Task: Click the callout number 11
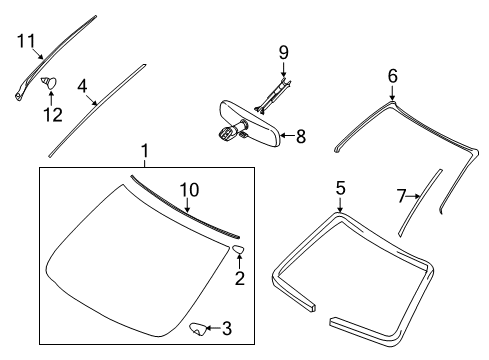click(x=26, y=41)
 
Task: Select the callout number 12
click(x=53, y=115)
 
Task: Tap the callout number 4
click(x=82, y=86)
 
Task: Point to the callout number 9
click(x=284, y=53)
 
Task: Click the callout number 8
click(x=301, y=136)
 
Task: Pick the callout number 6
click(x=393, y=76)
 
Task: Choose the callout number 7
click(x=402, y=196)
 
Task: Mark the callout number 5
click(x=340, y=188)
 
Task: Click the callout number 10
click(x=189, y=190)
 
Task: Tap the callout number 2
click(x=240, y=278)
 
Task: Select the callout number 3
click(x=227, y=328)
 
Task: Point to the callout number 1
click(x=144, y=151)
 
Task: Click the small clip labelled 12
click(x=49, y=82)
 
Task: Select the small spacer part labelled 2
click(x=238, y=249)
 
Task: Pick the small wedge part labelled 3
click(x=198, y=329)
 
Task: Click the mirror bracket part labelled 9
click(x=273, y=96)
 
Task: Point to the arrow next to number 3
click(x=214, y=329)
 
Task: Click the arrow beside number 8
click(x=288, y=135)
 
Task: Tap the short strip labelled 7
click(x=420, y=203)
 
